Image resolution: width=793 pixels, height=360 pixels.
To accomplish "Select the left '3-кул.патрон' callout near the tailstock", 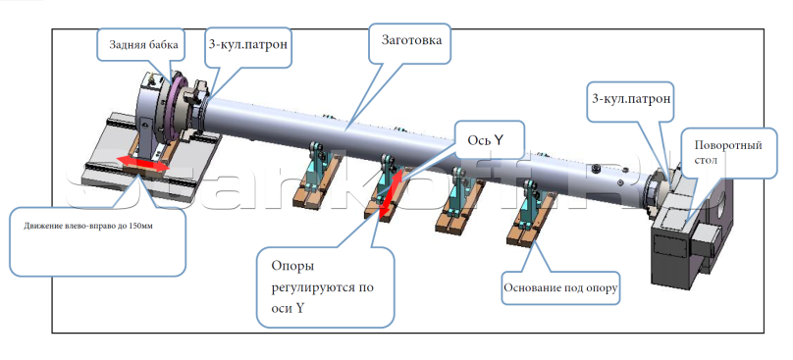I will (x=249, y=46).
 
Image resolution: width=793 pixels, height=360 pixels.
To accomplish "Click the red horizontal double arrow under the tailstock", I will (x=137, y=163).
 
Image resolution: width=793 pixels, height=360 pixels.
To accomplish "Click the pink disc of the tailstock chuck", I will (x=178, y=109).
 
